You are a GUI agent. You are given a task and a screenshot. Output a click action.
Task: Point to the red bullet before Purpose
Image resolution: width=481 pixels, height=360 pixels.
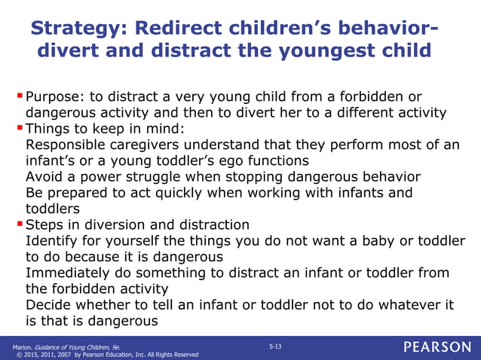tap(20, 97)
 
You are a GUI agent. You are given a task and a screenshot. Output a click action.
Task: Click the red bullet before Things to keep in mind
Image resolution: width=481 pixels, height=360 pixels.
tap(20, 128)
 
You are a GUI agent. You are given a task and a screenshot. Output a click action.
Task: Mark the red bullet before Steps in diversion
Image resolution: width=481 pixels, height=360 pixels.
tap(20, 224)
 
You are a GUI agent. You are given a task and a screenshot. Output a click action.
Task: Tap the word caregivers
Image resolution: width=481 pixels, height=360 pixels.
tap(151, 145)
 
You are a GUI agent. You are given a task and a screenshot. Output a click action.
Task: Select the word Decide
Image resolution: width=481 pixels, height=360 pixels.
tap(47, 304)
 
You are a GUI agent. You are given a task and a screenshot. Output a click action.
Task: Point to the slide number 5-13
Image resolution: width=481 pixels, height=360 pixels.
tap(275, 344)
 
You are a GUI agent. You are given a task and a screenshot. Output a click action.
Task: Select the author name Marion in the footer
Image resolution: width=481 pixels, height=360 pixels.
tap(22, 346)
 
